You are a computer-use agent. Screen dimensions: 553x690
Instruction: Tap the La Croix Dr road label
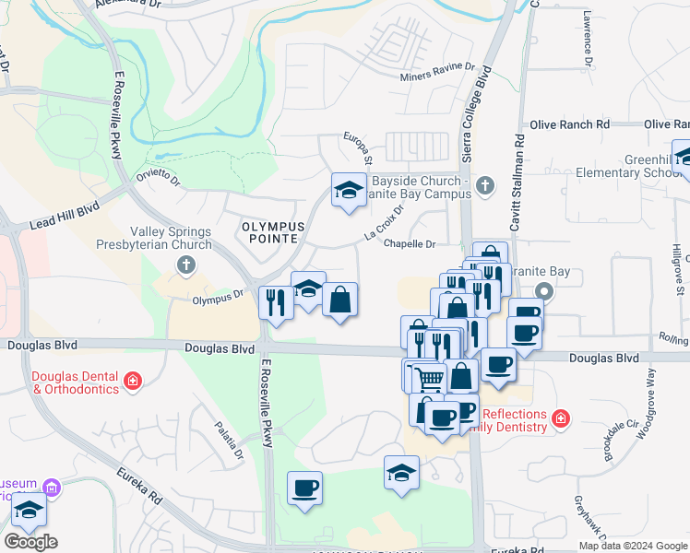[x=385, y=223]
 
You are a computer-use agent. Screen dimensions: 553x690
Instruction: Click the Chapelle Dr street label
[x=409, y=244]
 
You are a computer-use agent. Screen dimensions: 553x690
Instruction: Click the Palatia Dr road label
[x=230, y=441]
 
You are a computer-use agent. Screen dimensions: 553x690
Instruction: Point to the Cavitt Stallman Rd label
[x=518, y=180]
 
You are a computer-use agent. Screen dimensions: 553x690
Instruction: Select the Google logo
[x=30, y=542]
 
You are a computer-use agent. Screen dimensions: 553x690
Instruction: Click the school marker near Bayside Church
[x=348, y=190]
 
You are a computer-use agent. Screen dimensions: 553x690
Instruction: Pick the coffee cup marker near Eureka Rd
[x=304, y=488]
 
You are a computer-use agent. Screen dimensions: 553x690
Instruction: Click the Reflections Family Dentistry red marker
[x=559, y=420]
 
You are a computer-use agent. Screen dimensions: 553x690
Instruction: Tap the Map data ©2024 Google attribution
[x=633, y=546]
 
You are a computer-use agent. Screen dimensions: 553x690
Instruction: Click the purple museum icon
[x=52, y=488]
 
